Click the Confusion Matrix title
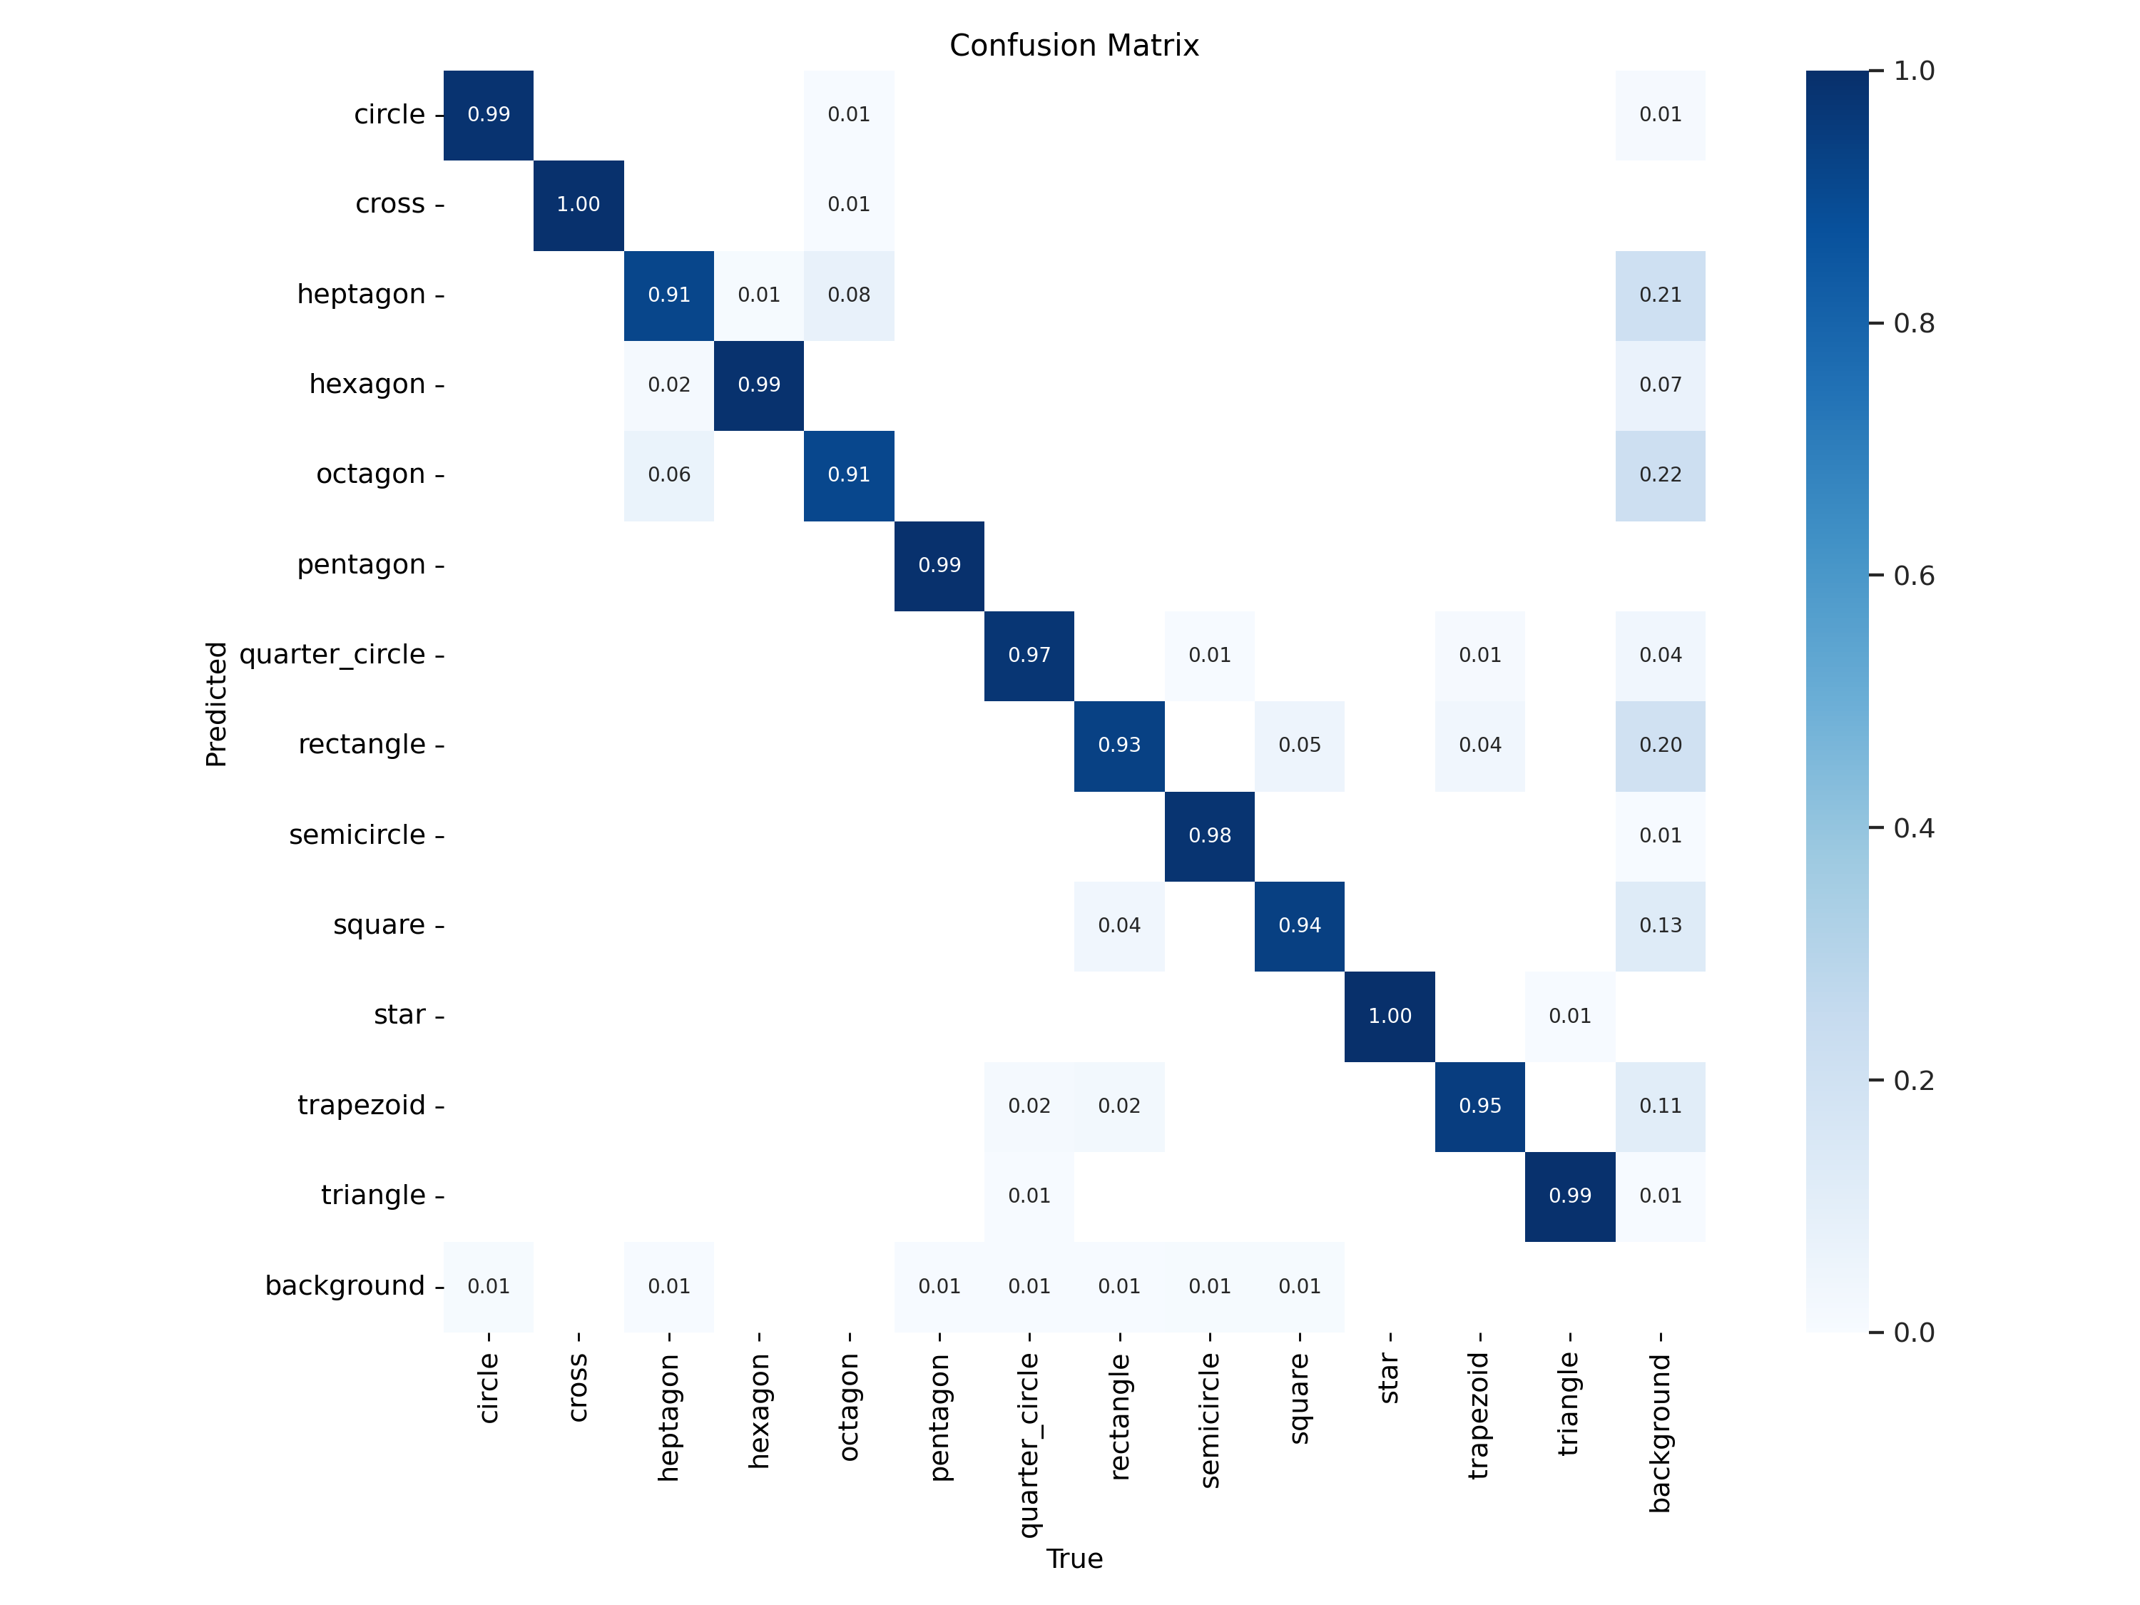tap(1073, 46)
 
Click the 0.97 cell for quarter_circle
tap(1029, 655)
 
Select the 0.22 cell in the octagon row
tap(1659, 475)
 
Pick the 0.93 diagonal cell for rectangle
tap(1119, 745)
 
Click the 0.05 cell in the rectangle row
tap(1298, 745)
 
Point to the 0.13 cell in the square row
tap(1659, 926)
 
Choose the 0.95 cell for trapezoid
tap(1479, 1106)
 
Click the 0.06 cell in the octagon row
tap(668, 475)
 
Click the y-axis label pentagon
tap(361, 565)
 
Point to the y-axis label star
tap(399, 1015)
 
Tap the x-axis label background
tap(1659, 1432)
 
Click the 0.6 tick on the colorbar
tap(1912, 576)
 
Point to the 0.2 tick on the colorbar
tap(1912, 1081)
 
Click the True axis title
tap(1073, 1559)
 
